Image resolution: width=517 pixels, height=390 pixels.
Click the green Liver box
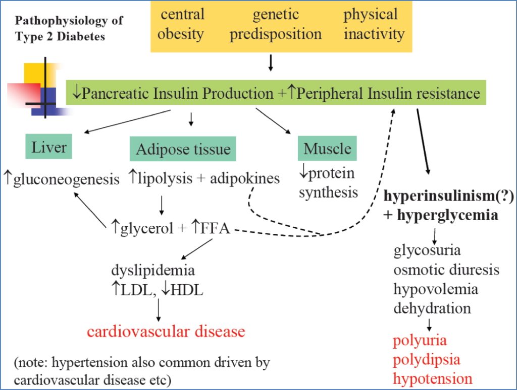49,147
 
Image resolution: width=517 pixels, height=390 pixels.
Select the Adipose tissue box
183,149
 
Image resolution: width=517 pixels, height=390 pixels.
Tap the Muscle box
327,149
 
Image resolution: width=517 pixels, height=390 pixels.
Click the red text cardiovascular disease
166,332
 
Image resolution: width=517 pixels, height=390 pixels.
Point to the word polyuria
420,340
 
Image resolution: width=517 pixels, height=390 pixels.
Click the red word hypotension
433,378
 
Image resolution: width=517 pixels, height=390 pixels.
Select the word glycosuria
427,250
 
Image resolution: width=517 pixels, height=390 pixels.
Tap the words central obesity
182,24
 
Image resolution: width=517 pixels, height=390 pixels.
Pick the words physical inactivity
374,24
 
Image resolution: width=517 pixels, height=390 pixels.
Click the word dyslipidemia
152,270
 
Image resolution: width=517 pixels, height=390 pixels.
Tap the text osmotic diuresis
446,270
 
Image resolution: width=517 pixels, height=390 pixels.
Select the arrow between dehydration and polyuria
429,324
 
